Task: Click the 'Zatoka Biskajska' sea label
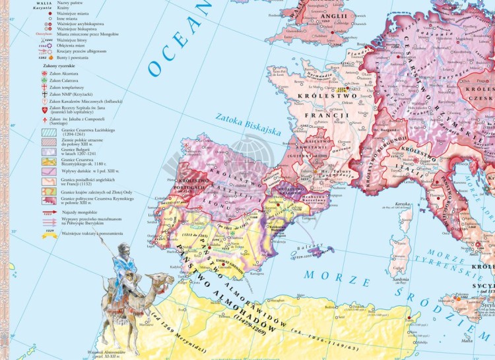(x=248, y=125)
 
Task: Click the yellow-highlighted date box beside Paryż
(x=341, y=88)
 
